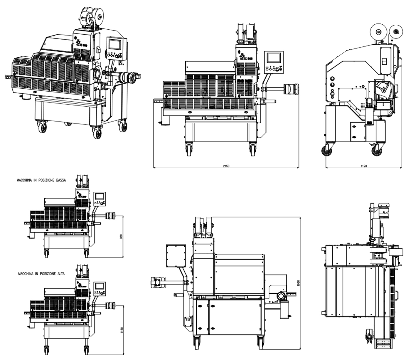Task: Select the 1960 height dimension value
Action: click(298, 284)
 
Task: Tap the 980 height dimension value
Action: click(121, 236)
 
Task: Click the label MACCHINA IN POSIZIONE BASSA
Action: click(41, 181)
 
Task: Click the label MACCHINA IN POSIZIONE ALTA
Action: click(41, 274)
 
